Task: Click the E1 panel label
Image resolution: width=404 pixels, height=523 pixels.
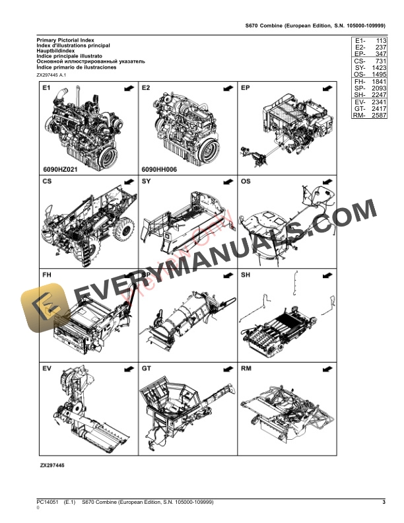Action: (x=46, y=88)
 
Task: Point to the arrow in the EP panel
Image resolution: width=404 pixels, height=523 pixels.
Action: (x=326, y=88)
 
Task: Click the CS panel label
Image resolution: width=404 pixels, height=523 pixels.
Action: (x=47, y=181)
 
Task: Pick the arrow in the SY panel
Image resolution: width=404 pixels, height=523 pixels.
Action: (x=226, y=181)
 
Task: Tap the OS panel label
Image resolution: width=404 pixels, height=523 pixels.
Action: (x=246, y=181)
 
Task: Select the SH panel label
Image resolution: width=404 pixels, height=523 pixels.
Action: (x=246, y=274)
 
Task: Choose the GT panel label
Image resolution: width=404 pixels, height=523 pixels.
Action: (x=147, y=367)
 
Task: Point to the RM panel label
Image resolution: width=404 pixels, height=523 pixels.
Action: (x=246, y=367)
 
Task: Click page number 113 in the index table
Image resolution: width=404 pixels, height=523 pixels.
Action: (x=379, y=41)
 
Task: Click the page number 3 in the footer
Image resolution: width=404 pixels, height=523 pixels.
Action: (x=384, y=504)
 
